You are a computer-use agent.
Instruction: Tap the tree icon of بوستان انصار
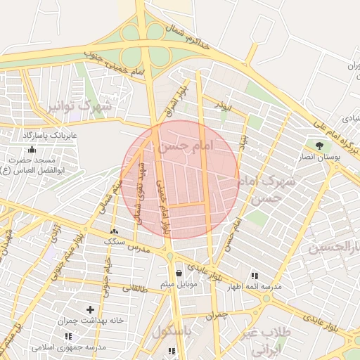pos(320,146)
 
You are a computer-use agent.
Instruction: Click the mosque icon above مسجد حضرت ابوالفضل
pos(31,149)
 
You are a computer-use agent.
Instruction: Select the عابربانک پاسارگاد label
pos(53,134)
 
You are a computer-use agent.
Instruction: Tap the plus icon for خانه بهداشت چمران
pos(90,309)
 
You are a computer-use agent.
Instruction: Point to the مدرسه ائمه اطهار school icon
pos(254,276)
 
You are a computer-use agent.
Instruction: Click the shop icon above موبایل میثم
pos(179,273)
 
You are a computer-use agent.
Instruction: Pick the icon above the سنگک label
pos(115,231)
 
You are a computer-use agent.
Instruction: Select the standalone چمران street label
pos(218,316)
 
